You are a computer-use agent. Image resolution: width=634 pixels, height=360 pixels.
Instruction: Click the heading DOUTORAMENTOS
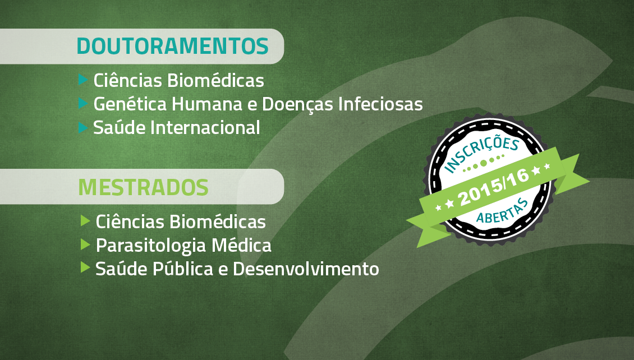(x=173, y=46)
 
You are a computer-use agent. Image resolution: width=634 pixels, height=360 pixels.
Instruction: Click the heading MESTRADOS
(x=144, y=187)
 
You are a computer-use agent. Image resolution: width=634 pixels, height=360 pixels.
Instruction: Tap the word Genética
(x=130, y=104)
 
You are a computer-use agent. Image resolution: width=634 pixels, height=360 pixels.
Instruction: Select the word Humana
(x=207, y=104)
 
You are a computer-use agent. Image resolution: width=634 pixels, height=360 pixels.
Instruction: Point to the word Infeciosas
(x=381, y=104)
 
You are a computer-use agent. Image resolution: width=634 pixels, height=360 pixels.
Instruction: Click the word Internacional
(x=205, y=128)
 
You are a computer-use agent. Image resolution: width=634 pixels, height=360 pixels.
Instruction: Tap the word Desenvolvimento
(x=306, y=269)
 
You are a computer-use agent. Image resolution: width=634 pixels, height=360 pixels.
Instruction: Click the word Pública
(x=183, y=269)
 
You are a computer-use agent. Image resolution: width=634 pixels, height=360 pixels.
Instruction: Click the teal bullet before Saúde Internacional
(x=83, y=128)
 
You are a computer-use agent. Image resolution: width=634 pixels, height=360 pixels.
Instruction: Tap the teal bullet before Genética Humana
(x=83, y=103)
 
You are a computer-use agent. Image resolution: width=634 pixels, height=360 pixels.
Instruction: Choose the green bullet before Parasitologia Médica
(x=85, y=244)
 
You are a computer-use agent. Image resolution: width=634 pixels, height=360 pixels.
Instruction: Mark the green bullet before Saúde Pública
(x=85, y=267)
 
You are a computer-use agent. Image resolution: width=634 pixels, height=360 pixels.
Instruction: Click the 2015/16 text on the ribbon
(x=494, y=187)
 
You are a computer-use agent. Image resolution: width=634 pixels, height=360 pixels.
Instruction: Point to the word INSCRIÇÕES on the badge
(x=481, y=154)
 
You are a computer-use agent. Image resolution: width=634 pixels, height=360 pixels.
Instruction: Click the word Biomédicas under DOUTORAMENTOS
(x=215, y=80)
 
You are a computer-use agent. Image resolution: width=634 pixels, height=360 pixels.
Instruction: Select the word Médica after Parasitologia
(x=241, y=245)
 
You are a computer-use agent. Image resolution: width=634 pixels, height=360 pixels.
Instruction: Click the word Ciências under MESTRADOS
(x=130, y=222)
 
